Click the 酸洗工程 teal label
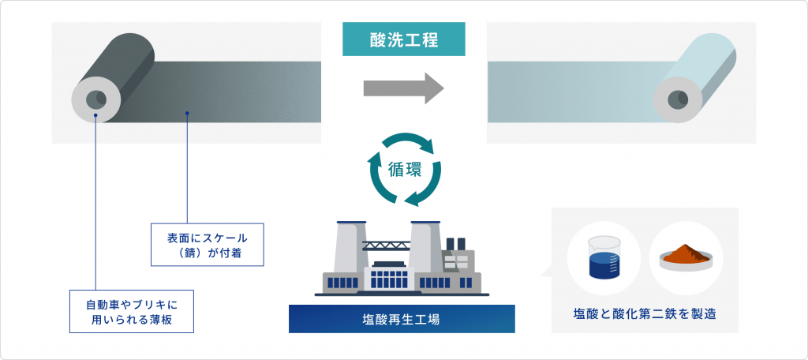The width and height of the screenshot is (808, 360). pyautogui.click(x=403, y=39)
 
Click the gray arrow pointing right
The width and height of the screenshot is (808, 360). pyautogui.click(x=403, y=88)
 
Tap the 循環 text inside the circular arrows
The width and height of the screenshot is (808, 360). pyautogui.click(x=404, y=170)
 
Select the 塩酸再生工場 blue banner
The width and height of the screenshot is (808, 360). pyautogui.click(x=402, y=319)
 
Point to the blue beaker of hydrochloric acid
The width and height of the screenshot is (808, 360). pyautogui.click(x=604, y=258)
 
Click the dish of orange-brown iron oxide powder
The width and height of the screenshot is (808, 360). pyautogui.click(x=686, y=257)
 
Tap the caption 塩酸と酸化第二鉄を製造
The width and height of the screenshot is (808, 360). pyautogui.click(x=645, y=313)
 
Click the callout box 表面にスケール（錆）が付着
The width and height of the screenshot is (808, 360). pyautogui.click(x=208, y=245)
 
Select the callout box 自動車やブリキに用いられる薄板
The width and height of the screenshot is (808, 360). pyautogui.click(x=132, y=311)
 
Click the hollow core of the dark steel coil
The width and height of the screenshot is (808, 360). pyautogui.click(x=95, y=99)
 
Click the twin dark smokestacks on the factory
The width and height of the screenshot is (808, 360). pyautogui.click(x=455, y=245)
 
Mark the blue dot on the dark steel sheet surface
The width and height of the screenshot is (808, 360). pyautogui.click(x=187, y=113)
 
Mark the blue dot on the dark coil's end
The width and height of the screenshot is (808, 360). pyautogui.click(x=95, y=114)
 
